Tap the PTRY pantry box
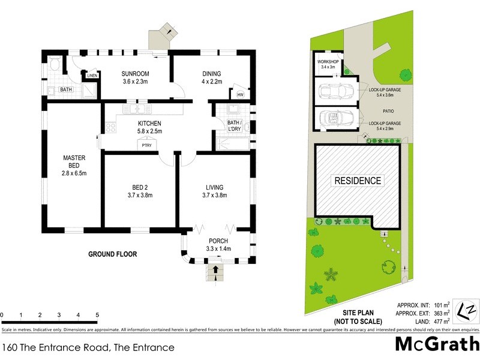146,145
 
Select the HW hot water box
240,95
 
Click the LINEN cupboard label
92,76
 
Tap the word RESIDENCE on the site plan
357,181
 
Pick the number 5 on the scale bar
97,315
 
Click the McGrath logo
436,344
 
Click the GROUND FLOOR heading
113,254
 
